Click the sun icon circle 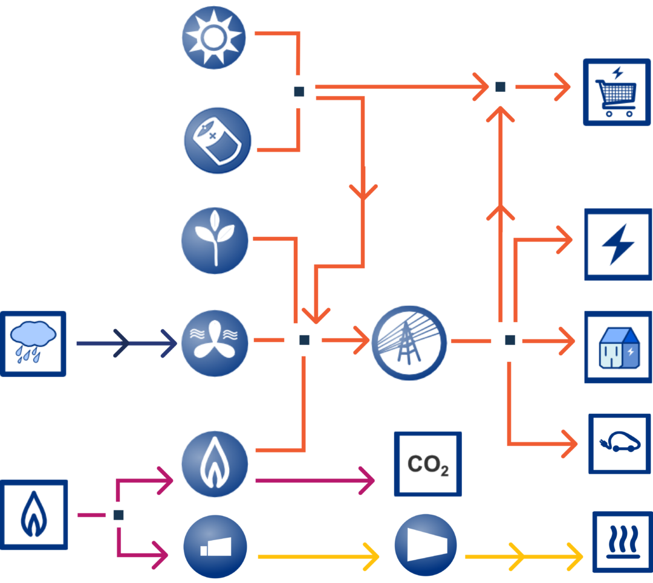pyautogui.click(x=213, y=37)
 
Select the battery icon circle pyautogui.click(x=216, y=140)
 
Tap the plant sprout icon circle pyautogui.click(x=215, y=240)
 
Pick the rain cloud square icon pyautogui.click(x=33, y=344)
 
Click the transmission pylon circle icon pyautogui.click(x=409, y=343)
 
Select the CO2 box pyautogui.click(x=428, y=464)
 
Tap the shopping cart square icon pyautogui.click(x=617, y=92)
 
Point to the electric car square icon pyautogui.click(x=620, y=443)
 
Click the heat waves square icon pyautogui.click(x=622, y=541)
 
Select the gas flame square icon pyautogui.click(x=34, y=515)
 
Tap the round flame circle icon pyautogui.click(x=215, y=464)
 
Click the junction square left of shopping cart pyautogui.click(x=500, y=87)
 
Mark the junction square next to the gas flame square pyautogui.click(x=119, y=515)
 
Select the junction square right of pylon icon pyautogui.click(x=510, y=341)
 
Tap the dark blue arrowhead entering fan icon pyautogui.click(x=170, y=344)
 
